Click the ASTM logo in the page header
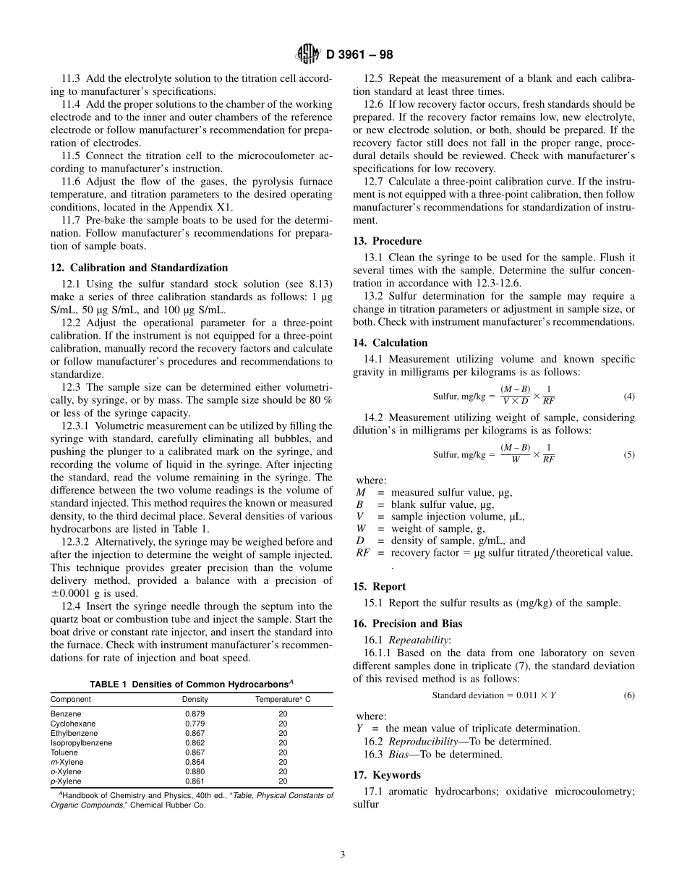pyautogui.click(x=308, y=54)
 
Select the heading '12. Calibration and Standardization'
pyautogui.click(x=139, y=268)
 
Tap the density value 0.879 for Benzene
pyautogui.click(x=195, y=714)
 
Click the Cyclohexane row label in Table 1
pyautogui.click(x=72, y=724)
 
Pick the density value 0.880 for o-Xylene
pyautogui.click(x=195, y=772)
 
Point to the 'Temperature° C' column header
pyautogui.click(x=283, y=700)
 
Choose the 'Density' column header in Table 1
pyautogui.click(x=195, y=700)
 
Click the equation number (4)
pyautogui.click(x=628, y=397)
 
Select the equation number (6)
pyautogui.click(x=628, y=695)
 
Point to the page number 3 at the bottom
pyautogui.click(x=343, y=855)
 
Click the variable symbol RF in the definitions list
pyautogui.click(x=363, y=553)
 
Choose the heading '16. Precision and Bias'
pyautogui.click(x=407, y=624)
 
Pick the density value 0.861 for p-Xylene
pyautogui.click(x=195, y=781)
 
